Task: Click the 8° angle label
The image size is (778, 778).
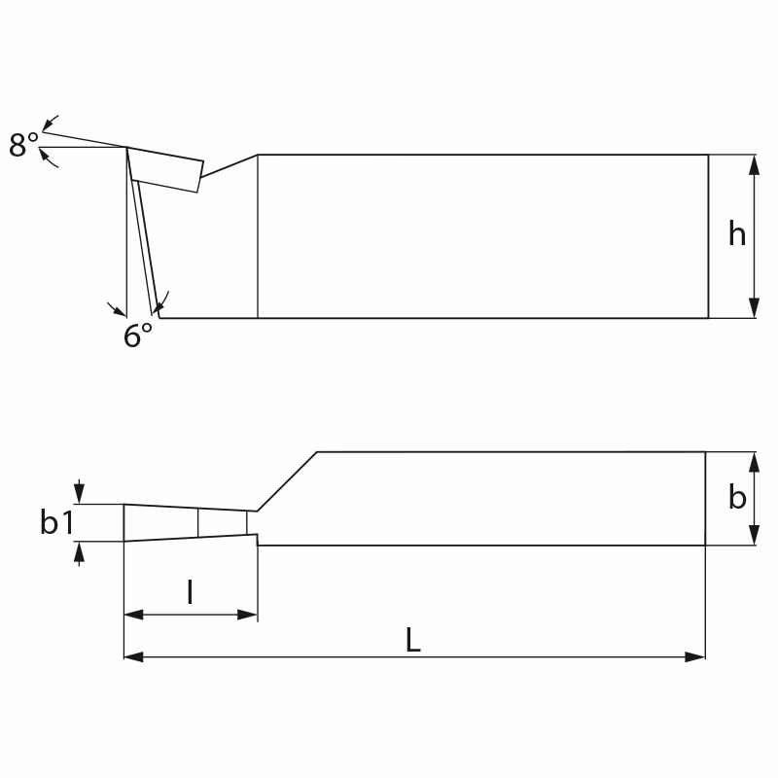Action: (x=23, y=144)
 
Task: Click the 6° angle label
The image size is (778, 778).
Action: (x=138, y=335)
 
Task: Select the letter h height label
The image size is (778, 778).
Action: (x=737, y=233)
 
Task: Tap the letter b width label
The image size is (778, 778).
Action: (x=737, y=497)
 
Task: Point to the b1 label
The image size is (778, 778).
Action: (x=57, y=522)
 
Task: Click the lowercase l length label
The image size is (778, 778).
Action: (x=190, y=591)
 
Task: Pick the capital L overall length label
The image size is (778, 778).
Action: (x=413, y=640)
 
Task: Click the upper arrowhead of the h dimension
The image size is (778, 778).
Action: (x=754, y=164)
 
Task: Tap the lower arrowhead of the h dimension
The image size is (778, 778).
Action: (x=754, y=308)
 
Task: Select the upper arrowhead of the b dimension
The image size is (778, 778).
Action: (x=754, y=461)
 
